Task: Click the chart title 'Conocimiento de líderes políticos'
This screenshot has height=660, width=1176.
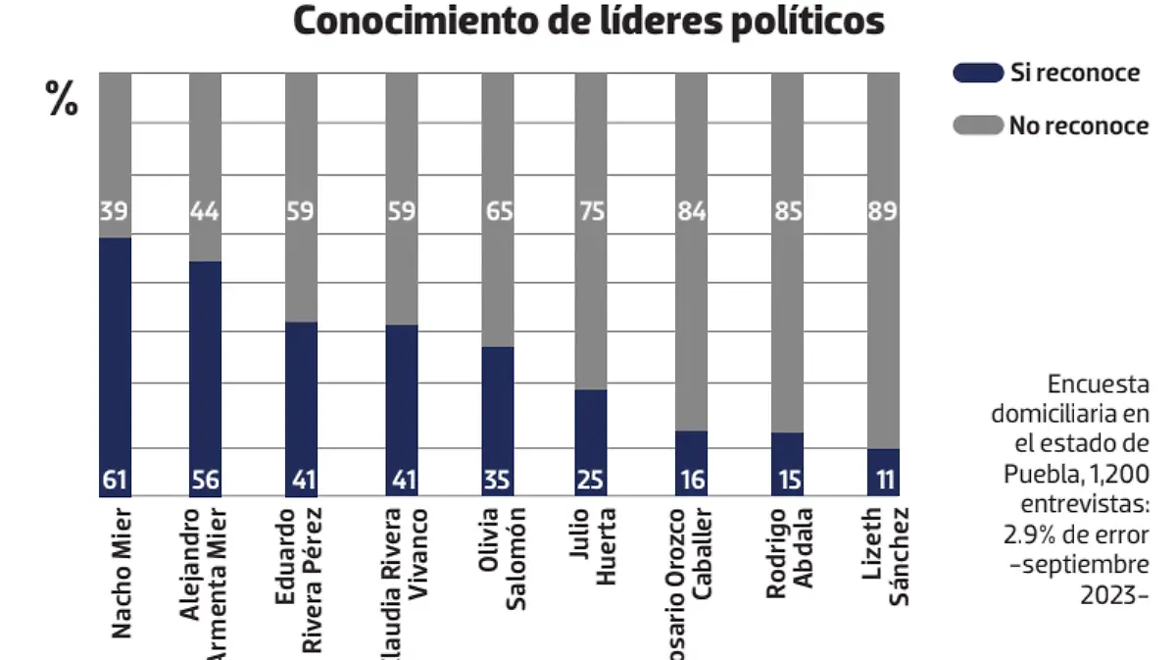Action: [x=588, y=22]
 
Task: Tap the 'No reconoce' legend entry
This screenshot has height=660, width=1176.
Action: [x=1078, y=126]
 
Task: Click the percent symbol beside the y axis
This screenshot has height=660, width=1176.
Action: [x=63, y=98]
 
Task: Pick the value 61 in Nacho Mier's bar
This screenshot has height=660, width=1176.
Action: [x=115, y=482]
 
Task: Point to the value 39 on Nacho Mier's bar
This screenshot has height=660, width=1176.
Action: [x=115, y=211]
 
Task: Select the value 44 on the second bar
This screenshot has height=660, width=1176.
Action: [x=205, y=211]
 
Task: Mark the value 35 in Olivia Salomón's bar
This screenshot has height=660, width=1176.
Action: [x=497, y=482]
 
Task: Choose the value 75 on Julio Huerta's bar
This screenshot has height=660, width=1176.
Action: [x=591, y=211]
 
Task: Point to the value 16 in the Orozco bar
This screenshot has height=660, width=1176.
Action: [x=691, y=482]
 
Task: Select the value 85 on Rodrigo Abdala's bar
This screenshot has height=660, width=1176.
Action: [x=787, y=211]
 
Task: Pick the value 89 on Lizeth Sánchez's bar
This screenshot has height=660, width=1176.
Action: [x=883, y=211]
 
